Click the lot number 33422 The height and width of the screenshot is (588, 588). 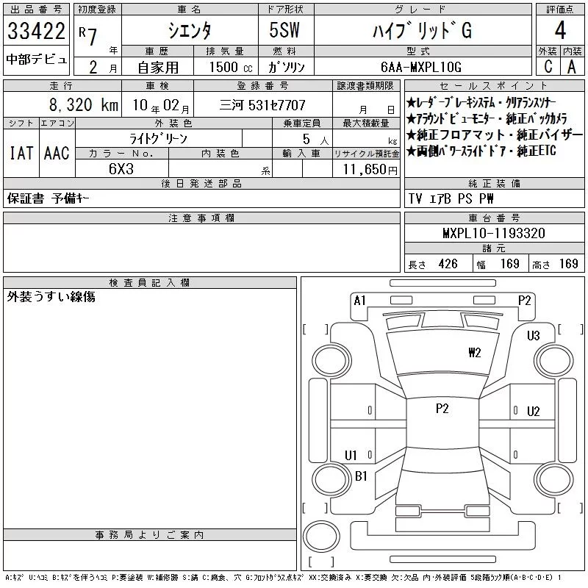[x=36, y=31]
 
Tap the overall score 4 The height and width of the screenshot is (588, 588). [x=560, y=30]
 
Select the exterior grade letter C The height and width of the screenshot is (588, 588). [x=548, y=66]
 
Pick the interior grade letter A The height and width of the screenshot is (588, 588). [x=572, y=66]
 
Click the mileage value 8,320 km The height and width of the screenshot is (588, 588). [x=84, y=104]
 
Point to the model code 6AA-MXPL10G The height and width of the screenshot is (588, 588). [x=420, y=67]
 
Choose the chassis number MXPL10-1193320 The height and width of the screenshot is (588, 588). [x=493, y=233]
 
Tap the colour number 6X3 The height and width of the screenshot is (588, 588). [x=121, y=169]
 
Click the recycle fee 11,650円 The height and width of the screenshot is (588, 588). [x=370, y=170]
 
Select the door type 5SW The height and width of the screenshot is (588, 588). [x=284, y=30]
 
